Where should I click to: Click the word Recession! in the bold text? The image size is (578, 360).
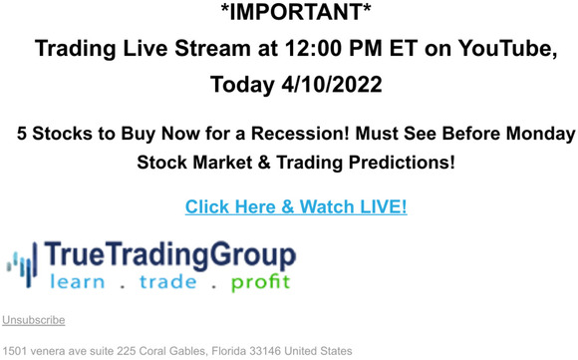coord(311,133)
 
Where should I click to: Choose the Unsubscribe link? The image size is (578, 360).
coord(34,320)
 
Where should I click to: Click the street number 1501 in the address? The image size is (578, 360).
coord(14,351)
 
